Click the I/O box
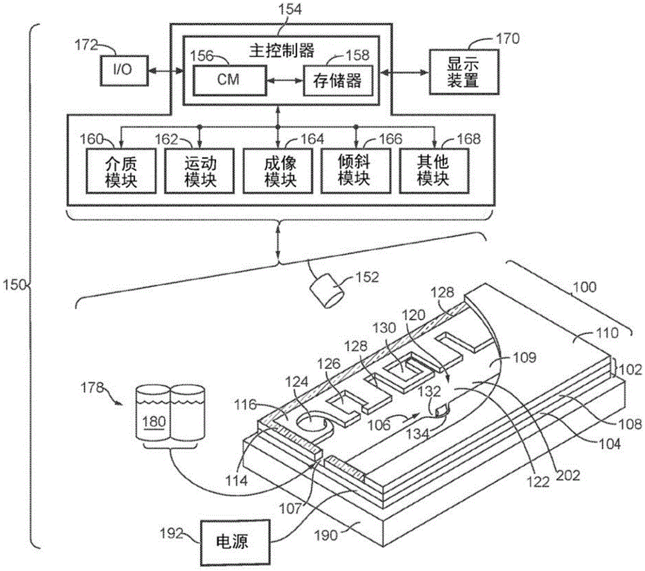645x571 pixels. tap(122, 70)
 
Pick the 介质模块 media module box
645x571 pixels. tap(121, 170)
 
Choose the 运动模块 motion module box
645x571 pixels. tap(199, 170)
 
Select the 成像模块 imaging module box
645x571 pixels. tap(279, 170)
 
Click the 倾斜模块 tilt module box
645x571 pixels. tap(357, 170)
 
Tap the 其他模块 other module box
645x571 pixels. tap(433, 170)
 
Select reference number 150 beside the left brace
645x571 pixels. tap(14, 284)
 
